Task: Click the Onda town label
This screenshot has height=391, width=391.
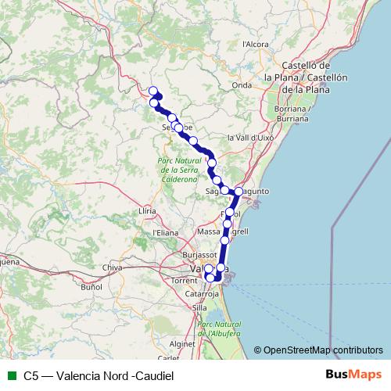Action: [x=242, y=85]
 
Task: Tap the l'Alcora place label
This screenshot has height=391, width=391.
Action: [x=256, y=45]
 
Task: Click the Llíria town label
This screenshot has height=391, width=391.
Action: [x=147, y=211]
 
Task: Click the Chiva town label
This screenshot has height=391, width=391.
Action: [x=113, y=267]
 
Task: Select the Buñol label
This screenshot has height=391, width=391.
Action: [x=91, y=288]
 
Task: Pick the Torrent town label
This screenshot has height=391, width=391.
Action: [x=184, y=279]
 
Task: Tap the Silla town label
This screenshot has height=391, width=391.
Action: [x=199, y=308]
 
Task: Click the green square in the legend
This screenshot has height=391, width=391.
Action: [x=10, y=375]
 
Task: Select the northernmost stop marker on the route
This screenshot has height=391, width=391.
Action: [x=153, y=91]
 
